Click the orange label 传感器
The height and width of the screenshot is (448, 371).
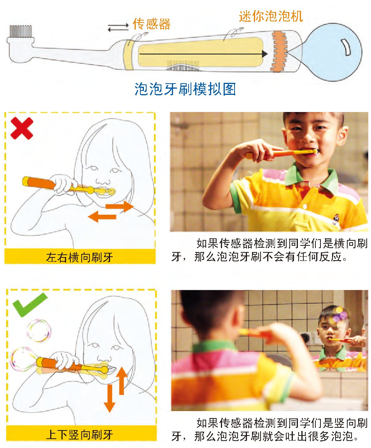coord(152,24)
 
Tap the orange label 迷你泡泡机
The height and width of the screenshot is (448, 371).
coord(271,16)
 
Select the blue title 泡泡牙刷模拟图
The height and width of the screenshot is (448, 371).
coord(185,89)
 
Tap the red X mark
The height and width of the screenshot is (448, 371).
coord(22,129)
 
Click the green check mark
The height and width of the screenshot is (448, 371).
coord(30,304)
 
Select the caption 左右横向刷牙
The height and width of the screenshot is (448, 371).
coord(79,257)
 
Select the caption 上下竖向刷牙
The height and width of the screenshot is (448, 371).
coord(79,434)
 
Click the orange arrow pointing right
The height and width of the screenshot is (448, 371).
coord(119,206)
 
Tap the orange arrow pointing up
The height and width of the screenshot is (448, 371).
coord(122,380)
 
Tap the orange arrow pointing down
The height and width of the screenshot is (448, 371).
coord(109,398)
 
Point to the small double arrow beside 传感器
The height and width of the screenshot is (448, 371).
coord(118,27)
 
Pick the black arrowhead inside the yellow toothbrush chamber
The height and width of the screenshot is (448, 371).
coord(265,54)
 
